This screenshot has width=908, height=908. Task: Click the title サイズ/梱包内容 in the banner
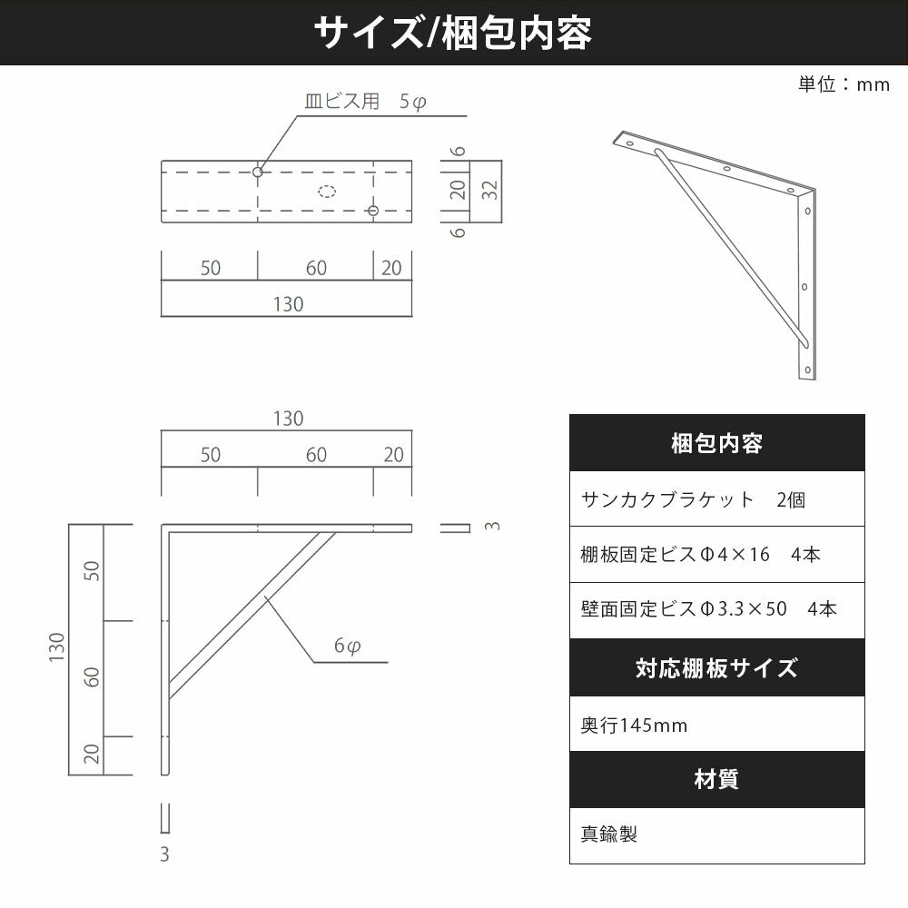point(453,33)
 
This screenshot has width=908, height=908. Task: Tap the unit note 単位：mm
point(844,84)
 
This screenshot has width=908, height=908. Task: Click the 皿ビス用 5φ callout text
point(365,102)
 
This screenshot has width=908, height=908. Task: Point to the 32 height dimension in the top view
point(490,190)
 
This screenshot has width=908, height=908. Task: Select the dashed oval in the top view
point(327,191)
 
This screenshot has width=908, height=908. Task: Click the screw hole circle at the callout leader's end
point(258,172)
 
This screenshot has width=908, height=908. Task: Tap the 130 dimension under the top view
point(288,304)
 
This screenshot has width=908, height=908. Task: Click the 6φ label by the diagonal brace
point(347,645)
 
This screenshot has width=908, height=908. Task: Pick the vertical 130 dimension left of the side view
point(56,647)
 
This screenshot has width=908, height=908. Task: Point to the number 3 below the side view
point(164,854)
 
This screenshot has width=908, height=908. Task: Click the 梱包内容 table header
point(717,443)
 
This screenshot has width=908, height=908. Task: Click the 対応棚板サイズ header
point(717,667)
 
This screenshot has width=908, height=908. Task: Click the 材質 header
point(717,779)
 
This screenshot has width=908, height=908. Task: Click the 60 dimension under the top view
point(316,268)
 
